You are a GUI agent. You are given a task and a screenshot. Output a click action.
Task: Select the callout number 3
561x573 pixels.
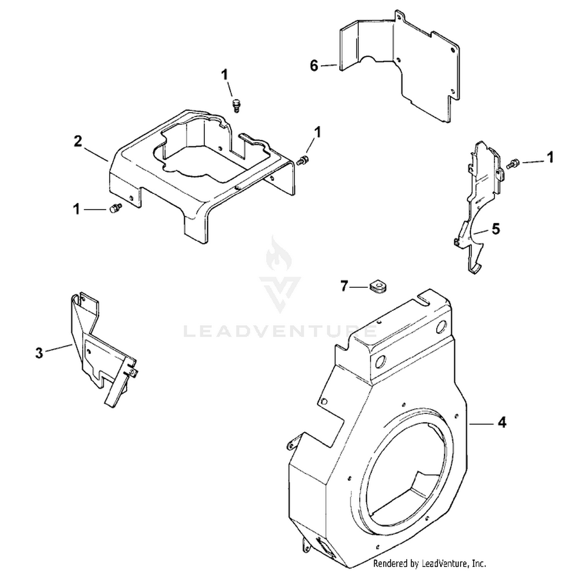click(39, 352)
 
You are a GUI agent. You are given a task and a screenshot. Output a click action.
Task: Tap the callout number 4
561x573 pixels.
click(502, 423)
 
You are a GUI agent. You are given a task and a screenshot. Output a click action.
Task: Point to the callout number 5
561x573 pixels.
click(496, 229)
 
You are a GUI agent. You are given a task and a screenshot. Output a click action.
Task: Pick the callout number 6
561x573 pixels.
click(314, 66)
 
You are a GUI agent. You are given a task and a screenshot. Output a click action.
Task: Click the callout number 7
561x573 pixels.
click(344, 287)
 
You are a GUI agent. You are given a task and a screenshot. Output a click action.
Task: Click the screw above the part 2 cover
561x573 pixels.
click(236, 105)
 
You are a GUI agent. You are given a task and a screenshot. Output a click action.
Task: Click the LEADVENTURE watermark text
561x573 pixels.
click(280, 331)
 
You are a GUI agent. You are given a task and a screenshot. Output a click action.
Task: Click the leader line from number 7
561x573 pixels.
click(361, 287)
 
